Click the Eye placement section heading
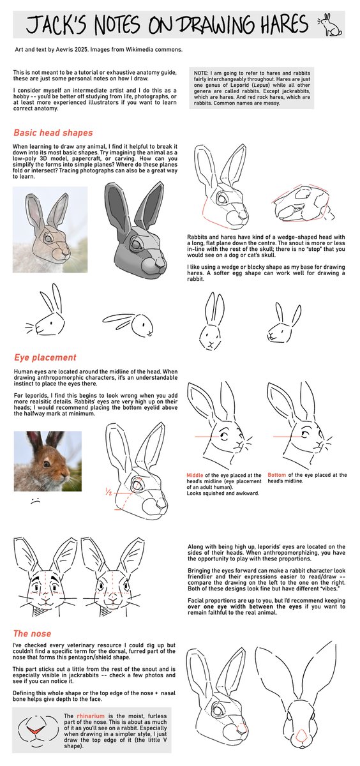click(x=45, y=357)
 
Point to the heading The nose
click(x=33, y=634)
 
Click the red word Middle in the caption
click(x=195, y=476)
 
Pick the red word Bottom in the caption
click(x=277, y=475)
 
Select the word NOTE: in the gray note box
click(x=204, y=73)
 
